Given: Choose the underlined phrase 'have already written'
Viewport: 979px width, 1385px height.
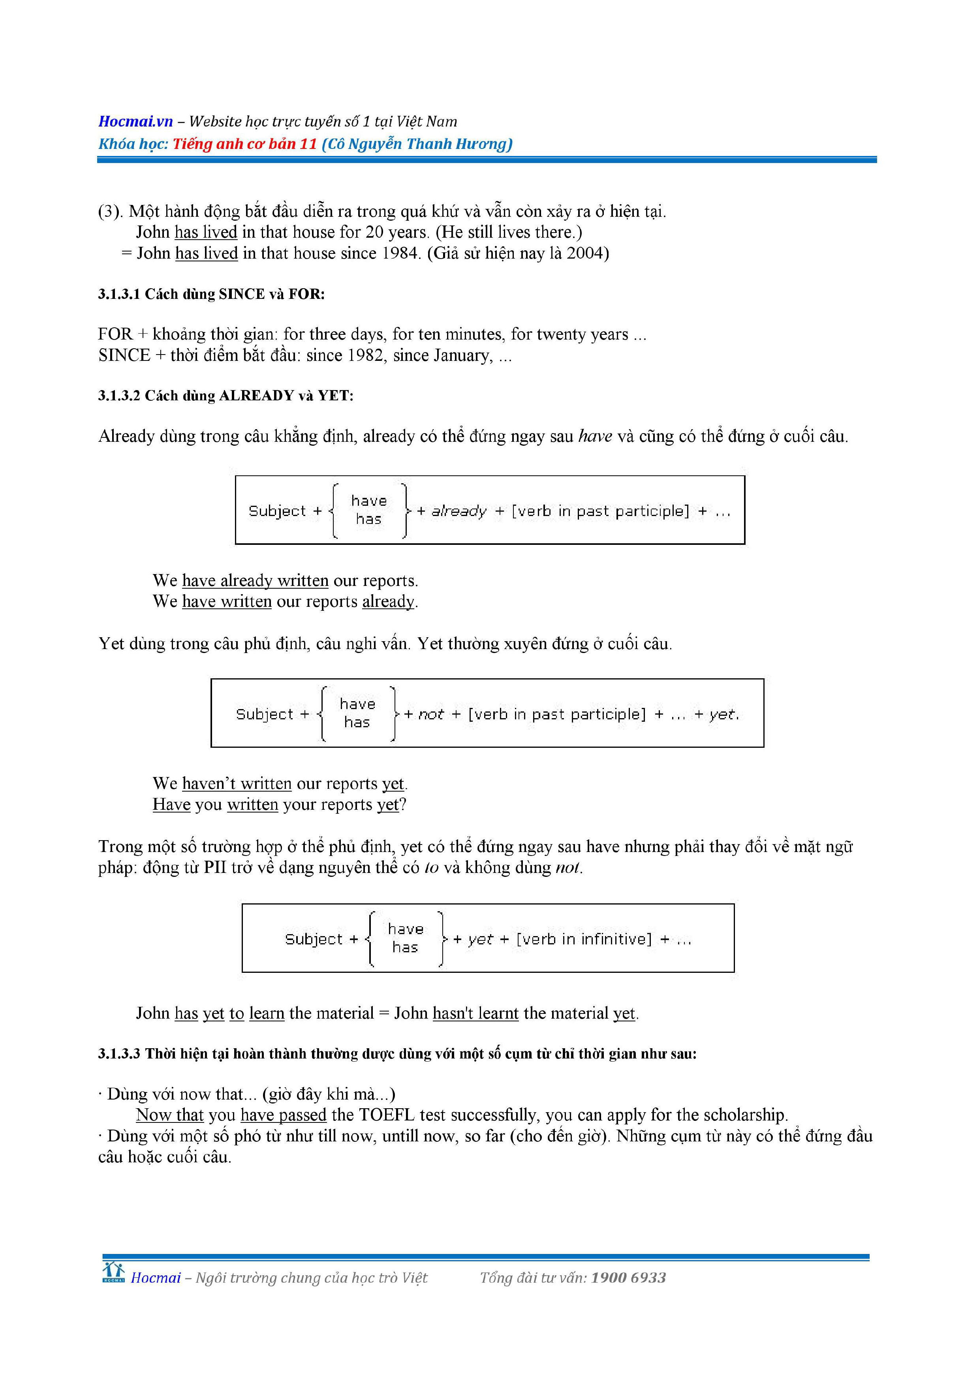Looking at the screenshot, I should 255,580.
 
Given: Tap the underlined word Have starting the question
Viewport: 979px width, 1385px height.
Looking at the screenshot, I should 171,804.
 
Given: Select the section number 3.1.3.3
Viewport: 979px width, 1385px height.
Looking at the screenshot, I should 119,1054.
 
